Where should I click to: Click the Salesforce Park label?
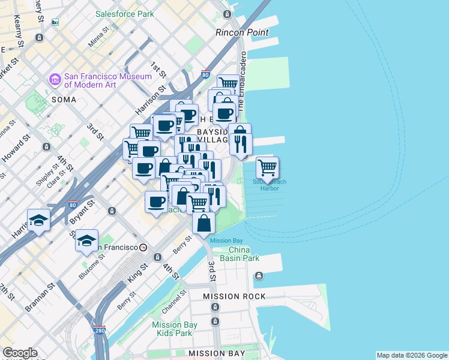[x=125, y=13]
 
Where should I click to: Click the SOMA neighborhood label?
[x=64, y=100]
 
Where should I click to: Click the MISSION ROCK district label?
[x=229, y=297]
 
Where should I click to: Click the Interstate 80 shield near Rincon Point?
[x=205, y=75]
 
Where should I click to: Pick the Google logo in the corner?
[x=20, y=353]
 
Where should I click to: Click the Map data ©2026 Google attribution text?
[x=412, y=355]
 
